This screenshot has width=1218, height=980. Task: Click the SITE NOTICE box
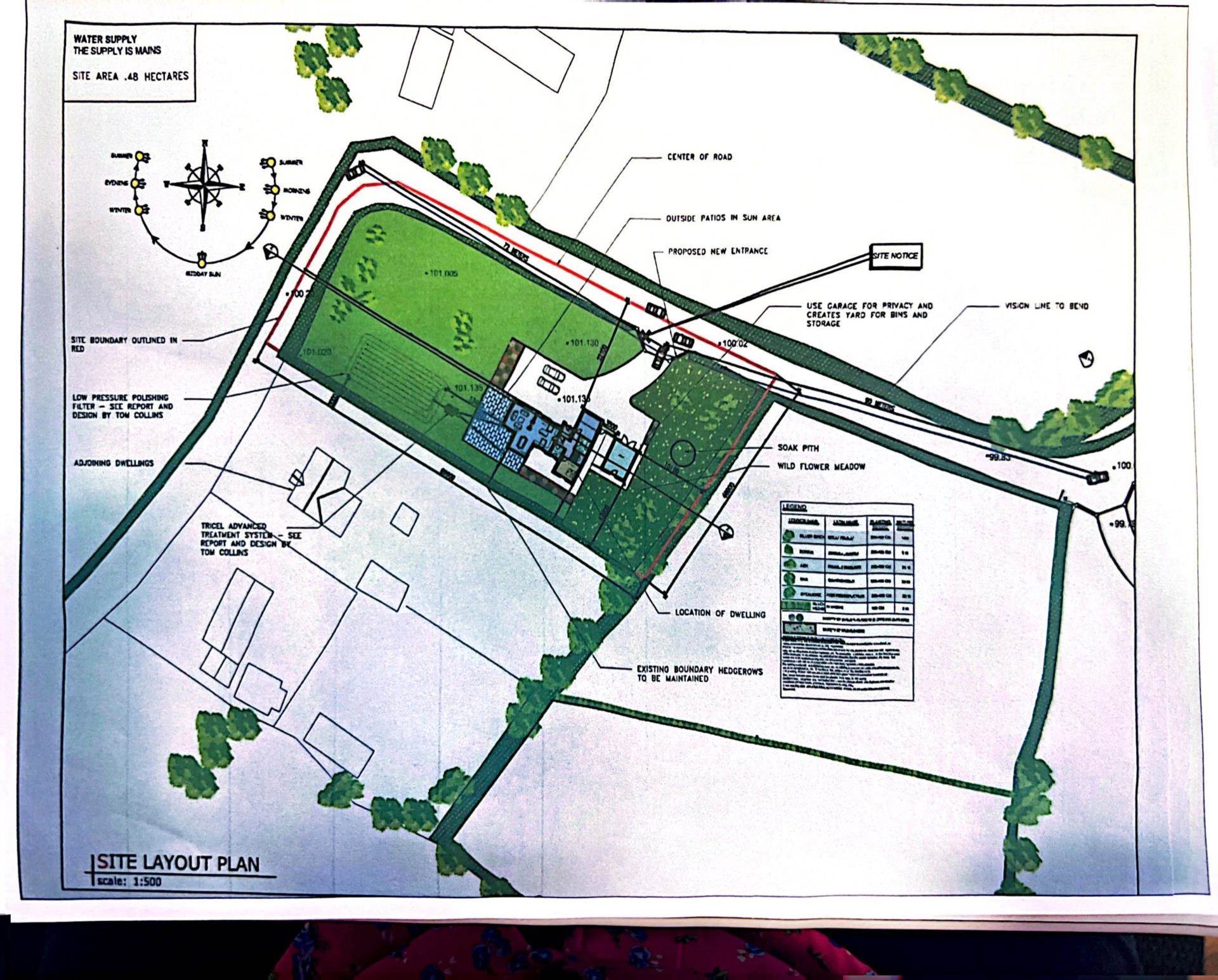894,256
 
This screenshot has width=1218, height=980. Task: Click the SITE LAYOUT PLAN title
180,863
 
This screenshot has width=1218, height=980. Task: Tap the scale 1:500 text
131,881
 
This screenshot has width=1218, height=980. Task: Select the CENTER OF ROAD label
699,157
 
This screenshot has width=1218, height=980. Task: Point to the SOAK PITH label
798,448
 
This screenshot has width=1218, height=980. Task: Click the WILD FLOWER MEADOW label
821,467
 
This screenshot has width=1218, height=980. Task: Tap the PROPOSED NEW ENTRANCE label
717,251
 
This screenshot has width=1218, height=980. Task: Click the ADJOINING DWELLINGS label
114,463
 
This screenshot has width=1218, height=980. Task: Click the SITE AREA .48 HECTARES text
131,76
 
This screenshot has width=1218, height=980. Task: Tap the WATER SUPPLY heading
105,39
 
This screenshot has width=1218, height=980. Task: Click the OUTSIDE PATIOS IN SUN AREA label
723,218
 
